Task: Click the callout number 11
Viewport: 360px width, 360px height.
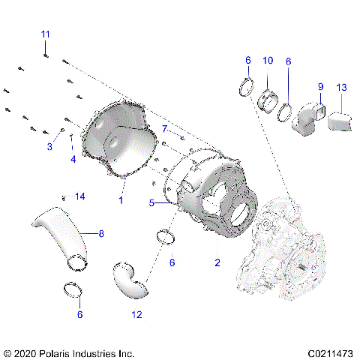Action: click(46, 34)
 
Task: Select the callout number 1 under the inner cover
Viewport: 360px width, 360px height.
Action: click(121, 200)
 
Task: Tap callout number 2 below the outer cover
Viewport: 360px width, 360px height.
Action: click(51, 147)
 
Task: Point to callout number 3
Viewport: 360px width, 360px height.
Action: click(73, 159)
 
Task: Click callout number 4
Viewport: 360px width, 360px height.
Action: click(151, 202)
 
